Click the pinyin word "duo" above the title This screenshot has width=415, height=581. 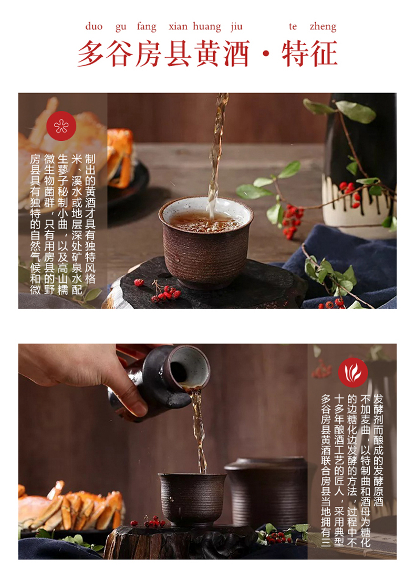94,26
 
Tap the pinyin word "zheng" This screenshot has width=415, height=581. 323,27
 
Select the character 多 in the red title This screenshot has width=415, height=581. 91,54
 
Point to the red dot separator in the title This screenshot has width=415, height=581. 266,54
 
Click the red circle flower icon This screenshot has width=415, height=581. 61,126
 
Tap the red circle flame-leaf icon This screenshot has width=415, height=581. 353,372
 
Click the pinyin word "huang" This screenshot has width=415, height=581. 207,27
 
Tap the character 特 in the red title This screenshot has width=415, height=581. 295,54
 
